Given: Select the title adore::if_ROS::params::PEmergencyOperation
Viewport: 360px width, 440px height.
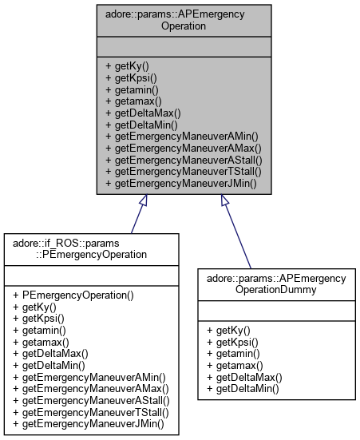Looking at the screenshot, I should (94, 248).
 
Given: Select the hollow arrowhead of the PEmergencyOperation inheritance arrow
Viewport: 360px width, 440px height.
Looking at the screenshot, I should (144, 201).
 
